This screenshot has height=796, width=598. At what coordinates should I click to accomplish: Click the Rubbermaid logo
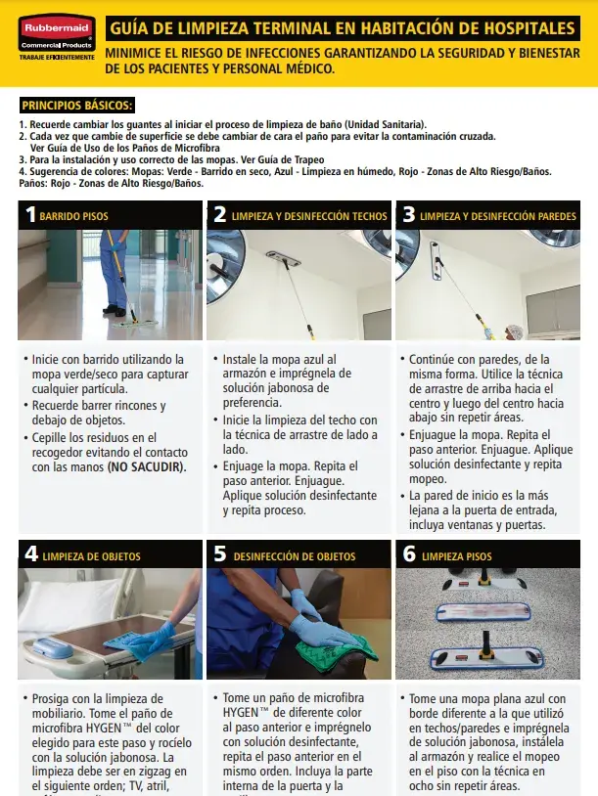click(51, 28)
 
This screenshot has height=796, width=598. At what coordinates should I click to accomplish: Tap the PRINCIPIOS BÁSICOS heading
click(76, 106)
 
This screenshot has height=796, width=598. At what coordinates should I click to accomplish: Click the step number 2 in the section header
click(220, 215)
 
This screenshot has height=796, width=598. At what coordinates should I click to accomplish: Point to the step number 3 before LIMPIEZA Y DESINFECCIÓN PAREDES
click(408, 215)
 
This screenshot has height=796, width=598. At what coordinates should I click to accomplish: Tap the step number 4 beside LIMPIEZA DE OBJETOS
click(30, 554)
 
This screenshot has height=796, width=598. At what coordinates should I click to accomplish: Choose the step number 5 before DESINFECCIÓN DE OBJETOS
click(220, 554)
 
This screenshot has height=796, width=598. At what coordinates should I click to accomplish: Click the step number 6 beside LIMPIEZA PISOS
click(408, 554)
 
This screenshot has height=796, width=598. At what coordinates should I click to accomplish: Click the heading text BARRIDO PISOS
click(74, 216)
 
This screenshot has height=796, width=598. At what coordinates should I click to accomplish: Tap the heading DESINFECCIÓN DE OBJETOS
click(294, 556)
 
